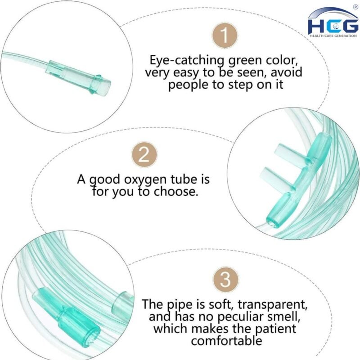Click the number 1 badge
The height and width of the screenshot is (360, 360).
pos(225,36)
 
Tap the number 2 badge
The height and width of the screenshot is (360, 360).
pos(144,154)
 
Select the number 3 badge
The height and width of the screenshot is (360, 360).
pos(226,280)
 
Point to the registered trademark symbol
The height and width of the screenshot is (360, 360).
pos(356,7)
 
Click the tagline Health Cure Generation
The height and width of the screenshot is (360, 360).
pos(333,36)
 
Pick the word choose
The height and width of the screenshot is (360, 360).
pos(175,191)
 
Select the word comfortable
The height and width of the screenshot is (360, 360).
pos(226,341)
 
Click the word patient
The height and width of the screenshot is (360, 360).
pos(275,329)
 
